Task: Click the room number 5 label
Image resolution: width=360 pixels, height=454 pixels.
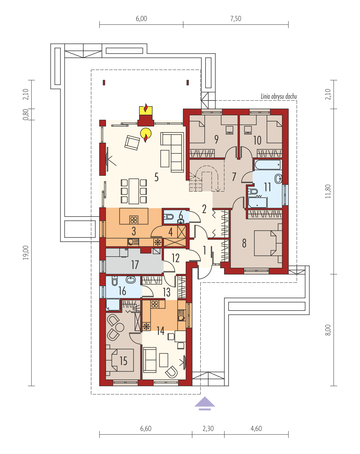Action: tap(157, 177)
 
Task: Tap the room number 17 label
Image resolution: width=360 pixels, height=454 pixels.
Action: tap(135, 265)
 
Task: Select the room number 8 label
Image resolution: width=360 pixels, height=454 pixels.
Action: tap(244, 243)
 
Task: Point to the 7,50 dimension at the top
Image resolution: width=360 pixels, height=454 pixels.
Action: tap(236, 19)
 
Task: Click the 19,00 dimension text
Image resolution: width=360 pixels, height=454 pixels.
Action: tap(26, 252)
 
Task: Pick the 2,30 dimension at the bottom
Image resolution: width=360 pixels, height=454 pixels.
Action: tap(208, 429)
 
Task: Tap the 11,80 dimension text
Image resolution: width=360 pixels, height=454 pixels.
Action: tap(328, 191)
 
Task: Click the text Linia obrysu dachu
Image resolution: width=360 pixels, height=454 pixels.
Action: tap(279, 96)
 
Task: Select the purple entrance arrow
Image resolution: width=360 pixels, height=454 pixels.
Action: tap(205, 403)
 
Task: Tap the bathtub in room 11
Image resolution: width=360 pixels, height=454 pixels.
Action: tap(268, 165)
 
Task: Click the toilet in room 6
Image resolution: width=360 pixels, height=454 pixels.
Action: tap(169, 216)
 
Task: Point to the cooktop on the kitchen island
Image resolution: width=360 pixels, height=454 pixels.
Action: tap(134, 220)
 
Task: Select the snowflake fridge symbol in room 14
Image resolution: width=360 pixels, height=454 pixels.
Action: tap(146, 327)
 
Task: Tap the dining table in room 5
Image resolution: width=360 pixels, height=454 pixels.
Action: tap(134, 191)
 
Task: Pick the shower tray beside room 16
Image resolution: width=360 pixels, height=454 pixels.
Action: tap(113, 305)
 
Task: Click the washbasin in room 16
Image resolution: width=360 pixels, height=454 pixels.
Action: tap(131, 280)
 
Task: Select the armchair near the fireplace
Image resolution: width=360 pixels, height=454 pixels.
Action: tap(132, 142)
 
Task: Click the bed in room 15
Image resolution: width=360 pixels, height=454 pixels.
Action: tap(120, 360)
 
